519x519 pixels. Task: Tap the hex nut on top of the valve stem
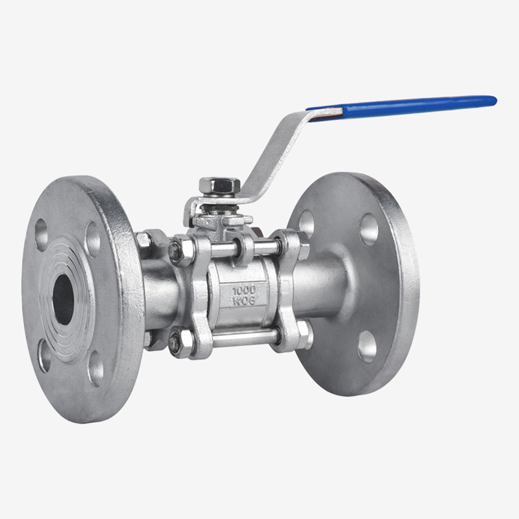pyautogui.click(x=215, y=186)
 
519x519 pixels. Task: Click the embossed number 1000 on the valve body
pyautogui.click(x=245, y=291)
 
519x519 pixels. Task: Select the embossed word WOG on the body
pyautogui.click(x=244, y=301)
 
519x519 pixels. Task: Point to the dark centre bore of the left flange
pyautogui.click(x=63, y=300)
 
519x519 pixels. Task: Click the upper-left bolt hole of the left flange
pyautogui.click(x=42, y=234)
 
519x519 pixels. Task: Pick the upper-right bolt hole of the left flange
pyautogui.click(x=93, y=239)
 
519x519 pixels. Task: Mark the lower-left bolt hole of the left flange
pyautogui.click(x=44, y=356)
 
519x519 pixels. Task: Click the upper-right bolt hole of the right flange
pyautogui.click(x=368, y=230)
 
